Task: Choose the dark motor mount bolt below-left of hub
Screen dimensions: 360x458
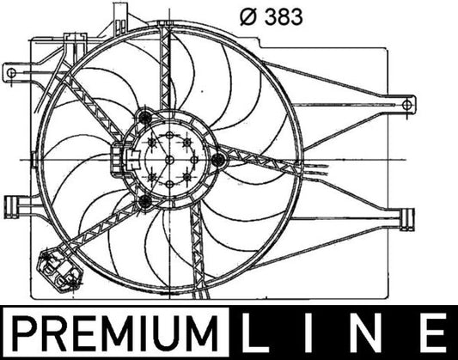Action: coord(144,202)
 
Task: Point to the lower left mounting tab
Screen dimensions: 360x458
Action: coord(15,207)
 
